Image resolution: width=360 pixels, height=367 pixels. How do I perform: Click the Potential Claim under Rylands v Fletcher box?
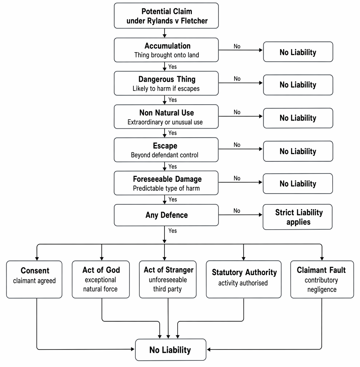coord(166,16)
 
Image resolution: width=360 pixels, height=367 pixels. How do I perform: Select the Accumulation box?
coord(166,50)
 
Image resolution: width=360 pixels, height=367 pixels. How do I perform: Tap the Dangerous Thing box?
coord(166,83)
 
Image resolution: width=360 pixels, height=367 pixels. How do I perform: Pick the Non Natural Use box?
coord(166,117)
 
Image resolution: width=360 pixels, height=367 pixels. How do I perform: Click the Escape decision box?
coord(166,150)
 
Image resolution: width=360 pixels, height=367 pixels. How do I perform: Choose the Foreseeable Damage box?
coord(166,183)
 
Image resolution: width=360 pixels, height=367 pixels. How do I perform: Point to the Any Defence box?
coord(166,215)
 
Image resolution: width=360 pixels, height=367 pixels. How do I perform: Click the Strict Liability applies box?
coord(298,217)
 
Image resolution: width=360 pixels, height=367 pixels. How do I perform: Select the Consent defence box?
coord(34,280)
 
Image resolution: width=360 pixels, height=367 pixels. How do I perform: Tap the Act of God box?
coord(101,280)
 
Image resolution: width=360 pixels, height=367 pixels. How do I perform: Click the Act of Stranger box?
coord(168,280)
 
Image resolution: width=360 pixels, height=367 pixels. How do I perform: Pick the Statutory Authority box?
coord(244,280)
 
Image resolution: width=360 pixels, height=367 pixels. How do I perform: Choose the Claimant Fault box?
coord(322,280)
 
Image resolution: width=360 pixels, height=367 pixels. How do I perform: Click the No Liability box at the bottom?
coord(171,350)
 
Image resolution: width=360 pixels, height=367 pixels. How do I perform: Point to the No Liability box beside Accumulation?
coord(298,52)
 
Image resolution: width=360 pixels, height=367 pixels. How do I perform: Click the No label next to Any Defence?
coord(237,211)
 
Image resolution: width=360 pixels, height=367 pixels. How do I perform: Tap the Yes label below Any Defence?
coord(173,231)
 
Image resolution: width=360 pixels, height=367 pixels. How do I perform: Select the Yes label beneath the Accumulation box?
coord(173,67)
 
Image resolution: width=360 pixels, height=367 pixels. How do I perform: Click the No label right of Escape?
coord(237,145)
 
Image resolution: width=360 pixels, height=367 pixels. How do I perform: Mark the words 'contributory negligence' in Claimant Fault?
coord(322,285)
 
